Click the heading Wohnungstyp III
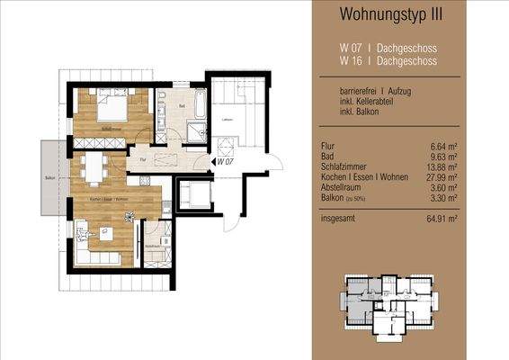click(403, 14)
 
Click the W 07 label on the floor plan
click(225, 163)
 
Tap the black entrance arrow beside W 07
click(213, 163)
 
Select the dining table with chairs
click(94, 168)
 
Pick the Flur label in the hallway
click(143, 159)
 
